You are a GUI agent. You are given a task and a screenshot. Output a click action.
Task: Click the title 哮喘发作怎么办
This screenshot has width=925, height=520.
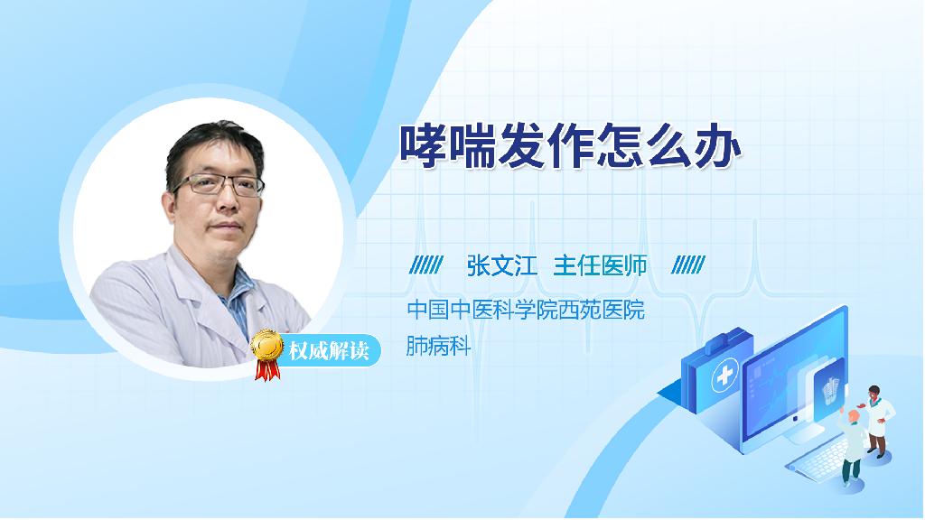point(570,146)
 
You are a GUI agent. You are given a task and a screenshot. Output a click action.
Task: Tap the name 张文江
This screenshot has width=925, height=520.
point(502,266)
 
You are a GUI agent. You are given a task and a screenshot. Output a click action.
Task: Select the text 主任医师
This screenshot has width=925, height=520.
point(600,266)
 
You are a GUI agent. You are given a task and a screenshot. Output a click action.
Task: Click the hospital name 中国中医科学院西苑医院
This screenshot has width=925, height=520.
point(526,310)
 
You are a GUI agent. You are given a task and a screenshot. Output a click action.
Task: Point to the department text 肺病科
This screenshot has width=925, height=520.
point(438,346)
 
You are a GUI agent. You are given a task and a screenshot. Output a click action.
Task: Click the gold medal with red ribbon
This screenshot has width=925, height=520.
point(266,354)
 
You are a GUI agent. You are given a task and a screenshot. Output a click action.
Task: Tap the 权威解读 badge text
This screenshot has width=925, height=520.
point(329,351)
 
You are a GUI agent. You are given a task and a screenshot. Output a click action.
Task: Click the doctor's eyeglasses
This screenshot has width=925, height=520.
point(218,185)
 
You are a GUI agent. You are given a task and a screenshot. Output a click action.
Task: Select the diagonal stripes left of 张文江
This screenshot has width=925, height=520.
point(426,265)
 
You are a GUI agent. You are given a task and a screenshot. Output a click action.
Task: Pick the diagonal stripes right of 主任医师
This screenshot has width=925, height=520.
point(688,265)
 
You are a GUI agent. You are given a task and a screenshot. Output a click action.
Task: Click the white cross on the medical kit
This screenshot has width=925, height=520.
point(725,376)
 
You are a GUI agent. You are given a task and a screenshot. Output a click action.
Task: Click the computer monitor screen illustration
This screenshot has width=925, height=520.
point(794,378)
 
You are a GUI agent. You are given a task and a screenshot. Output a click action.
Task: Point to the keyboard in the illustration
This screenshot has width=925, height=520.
point(820,456)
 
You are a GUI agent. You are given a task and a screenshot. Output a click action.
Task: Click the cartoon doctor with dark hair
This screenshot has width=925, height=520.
point(877,421)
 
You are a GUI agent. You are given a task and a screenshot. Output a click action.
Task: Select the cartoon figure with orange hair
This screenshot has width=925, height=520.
point(851,446)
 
